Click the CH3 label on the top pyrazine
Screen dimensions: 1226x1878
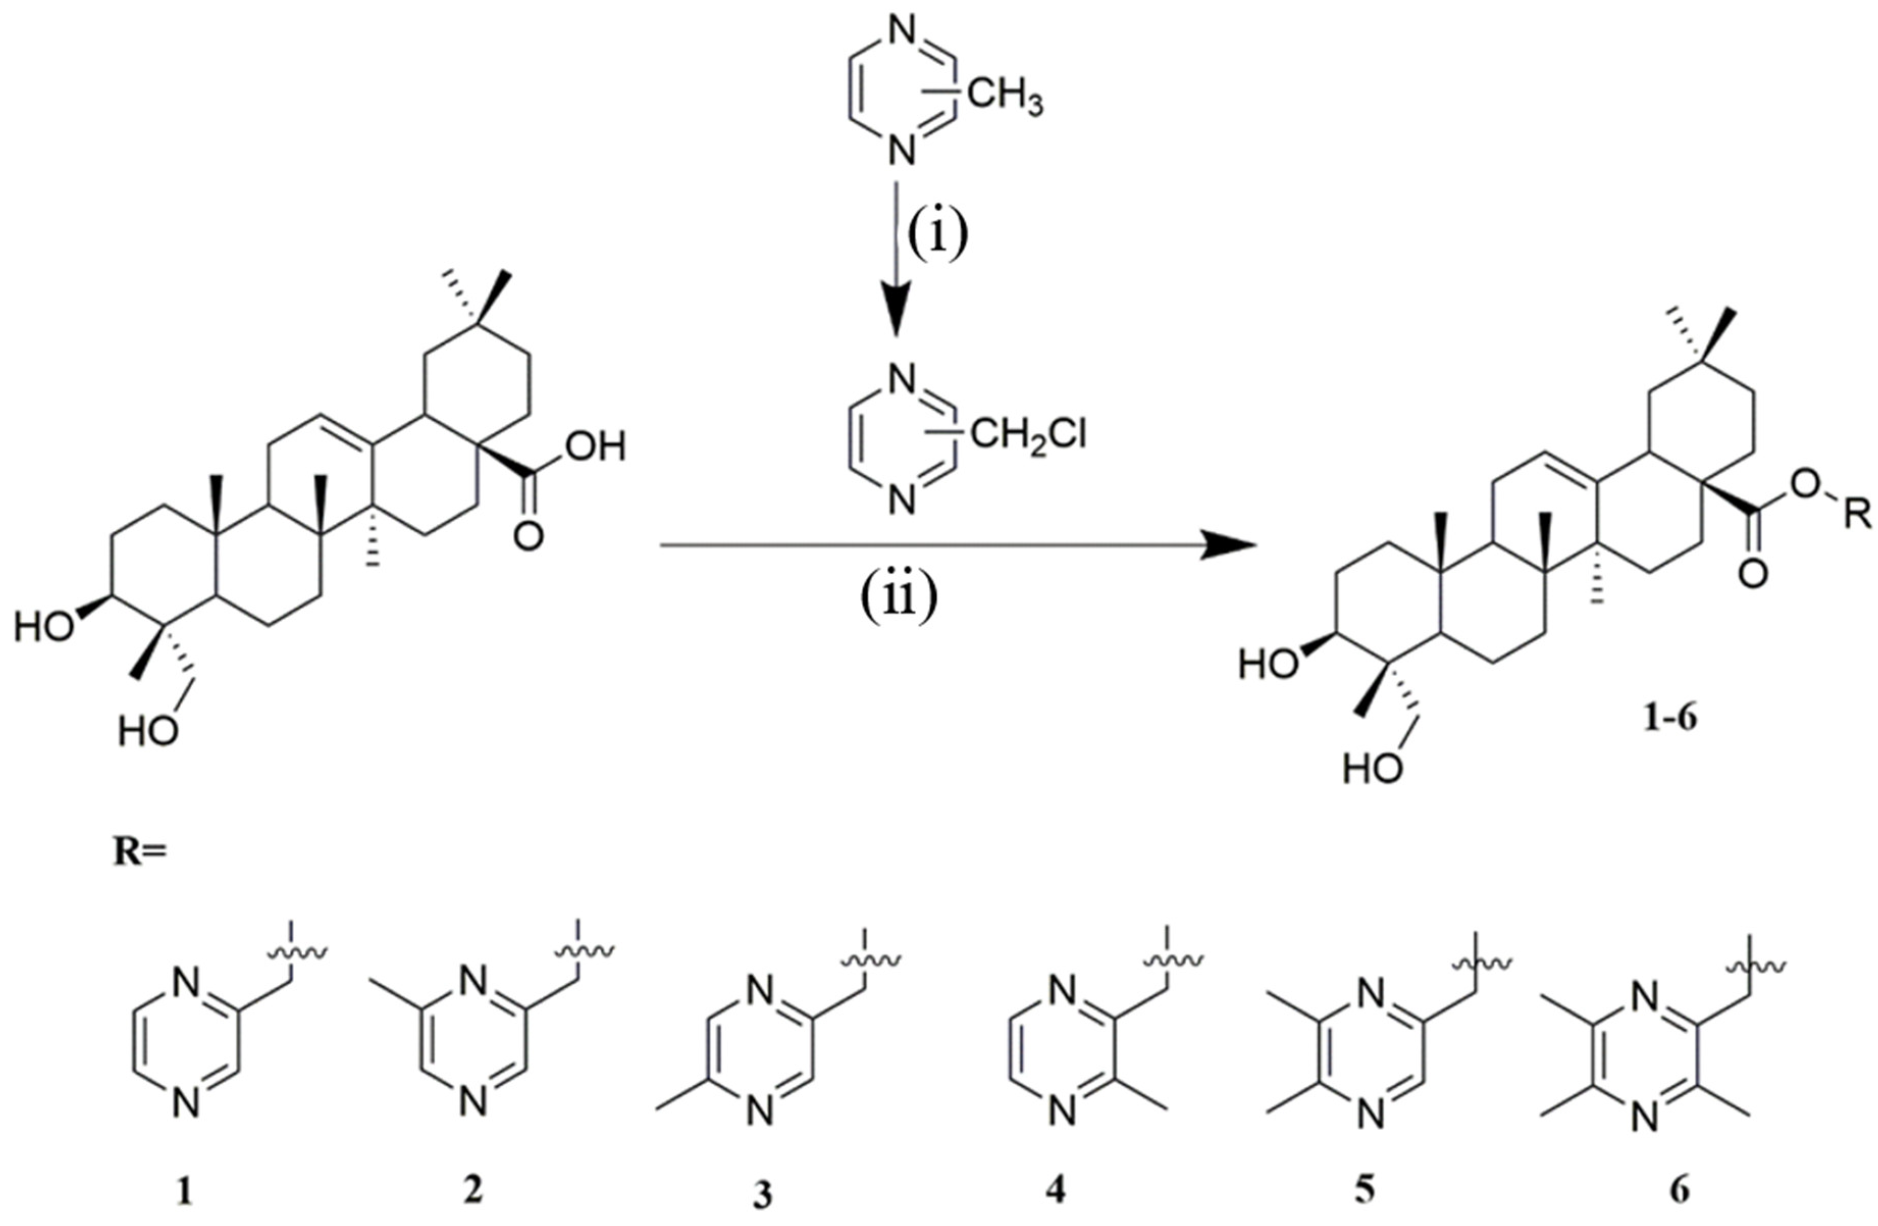[x=1003, y=102]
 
